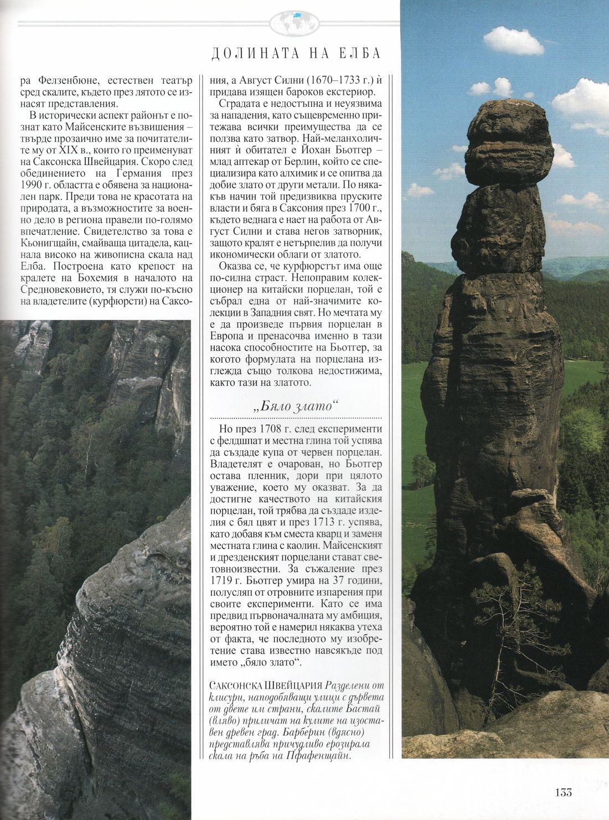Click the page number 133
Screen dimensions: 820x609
tap(564, 792)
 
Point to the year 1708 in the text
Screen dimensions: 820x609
tap(271, 429)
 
